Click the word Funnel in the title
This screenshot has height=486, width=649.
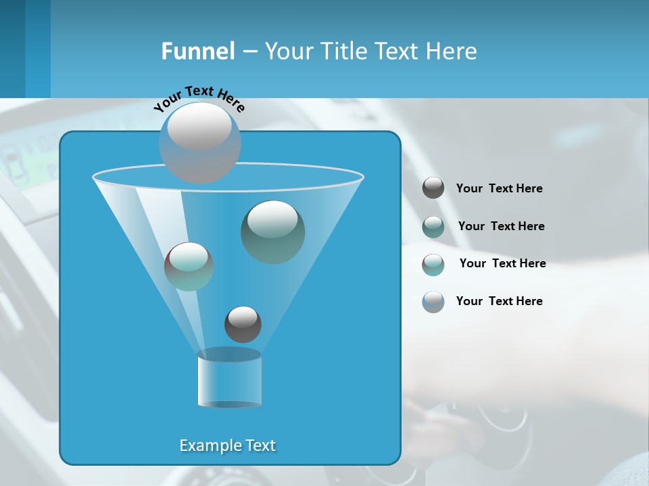pyautogui.click(x=197, y=51)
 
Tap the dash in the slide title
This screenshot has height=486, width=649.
pyautogui.click(x=249, y=52)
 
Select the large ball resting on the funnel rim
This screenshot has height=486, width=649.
pyautogui.click(x=199, y=142)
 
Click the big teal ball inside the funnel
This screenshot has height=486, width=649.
pyautogui.click(x=272, y=232)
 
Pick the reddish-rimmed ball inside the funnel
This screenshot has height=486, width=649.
pyautogui.click(x=189, y=266)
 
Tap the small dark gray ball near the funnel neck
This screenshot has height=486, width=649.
pyautogui.click(x=243, y=324)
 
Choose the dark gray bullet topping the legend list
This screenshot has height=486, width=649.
pyautogui.click(x=433, y=188)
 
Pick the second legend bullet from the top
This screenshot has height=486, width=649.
pyautogui.click(x=433, y=226)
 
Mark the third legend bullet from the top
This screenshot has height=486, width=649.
pyautogui.click(x=433, y=264)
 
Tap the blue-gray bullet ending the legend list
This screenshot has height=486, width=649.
pyautogui.click(x=433, y=302)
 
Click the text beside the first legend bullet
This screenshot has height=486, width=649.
pyautogui.click(x=499, y=188)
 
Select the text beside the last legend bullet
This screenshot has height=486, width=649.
pyautogui.click(x=499, y=301)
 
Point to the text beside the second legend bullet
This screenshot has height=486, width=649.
pyautogui.click(x=501, y=226)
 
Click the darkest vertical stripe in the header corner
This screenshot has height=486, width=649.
pyautogui.click(x=12, y=49)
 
